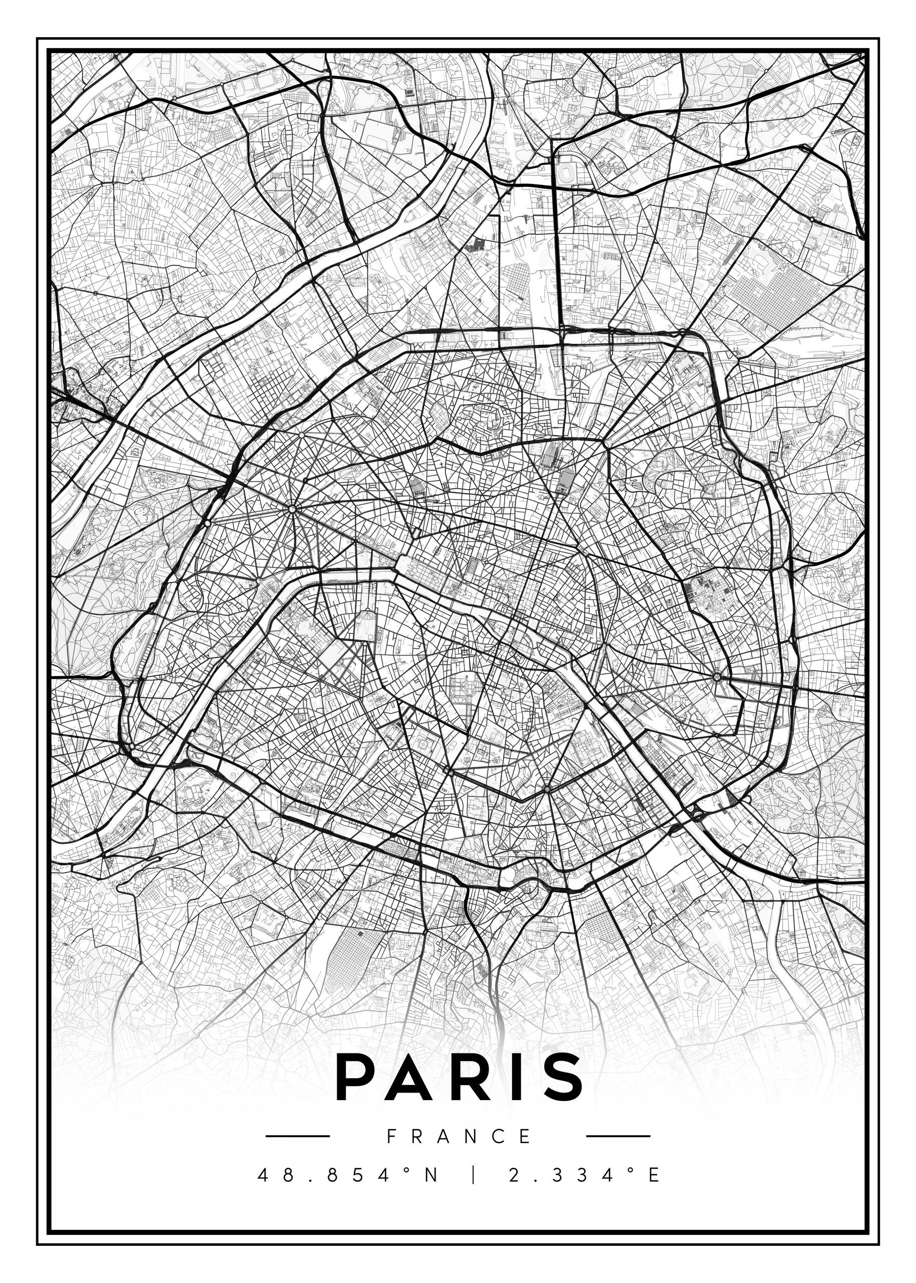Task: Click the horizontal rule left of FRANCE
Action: [x=297, y=1136]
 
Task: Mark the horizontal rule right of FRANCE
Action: [x=618, y=1136]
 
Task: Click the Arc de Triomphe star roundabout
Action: [x=292, y=509]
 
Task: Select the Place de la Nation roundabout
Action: [x=717, y=677]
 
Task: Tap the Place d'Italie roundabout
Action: [x=546, y=788]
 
